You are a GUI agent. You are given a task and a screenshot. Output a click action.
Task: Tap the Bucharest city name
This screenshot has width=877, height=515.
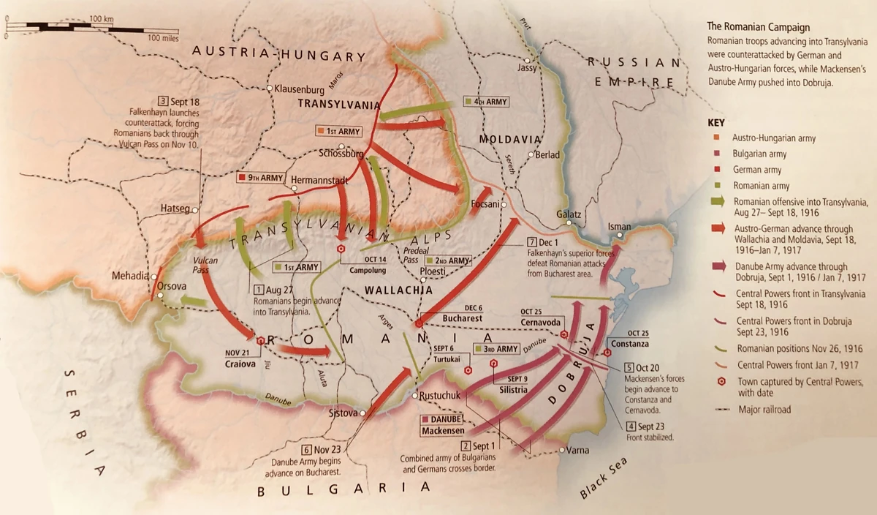[x=462, y=319]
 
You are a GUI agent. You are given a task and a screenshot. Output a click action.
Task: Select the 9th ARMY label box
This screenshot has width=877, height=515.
[x=260, y=178]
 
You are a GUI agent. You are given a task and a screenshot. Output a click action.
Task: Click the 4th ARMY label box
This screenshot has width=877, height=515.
[x=485, y=101]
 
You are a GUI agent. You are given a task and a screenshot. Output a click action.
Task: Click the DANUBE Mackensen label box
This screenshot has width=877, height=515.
[x=441, y=424]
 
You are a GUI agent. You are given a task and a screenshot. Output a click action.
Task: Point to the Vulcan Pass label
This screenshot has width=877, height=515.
[x=205, y=265]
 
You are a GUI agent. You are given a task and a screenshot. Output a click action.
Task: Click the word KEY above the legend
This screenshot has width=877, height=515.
[x=716, y=123]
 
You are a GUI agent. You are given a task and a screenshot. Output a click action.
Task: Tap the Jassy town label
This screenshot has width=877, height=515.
[x=526, y=67]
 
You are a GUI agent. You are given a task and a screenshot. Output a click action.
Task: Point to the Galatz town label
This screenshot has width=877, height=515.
[x=569, y=214]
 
